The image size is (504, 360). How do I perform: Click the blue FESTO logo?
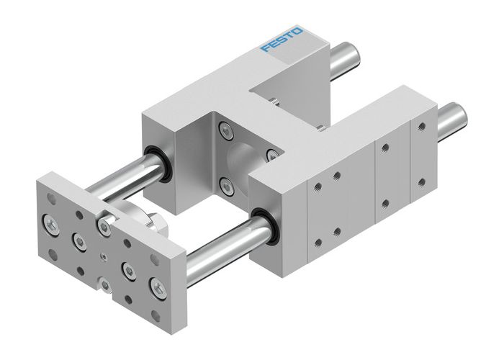pyautogui.click(x=282, y=39)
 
